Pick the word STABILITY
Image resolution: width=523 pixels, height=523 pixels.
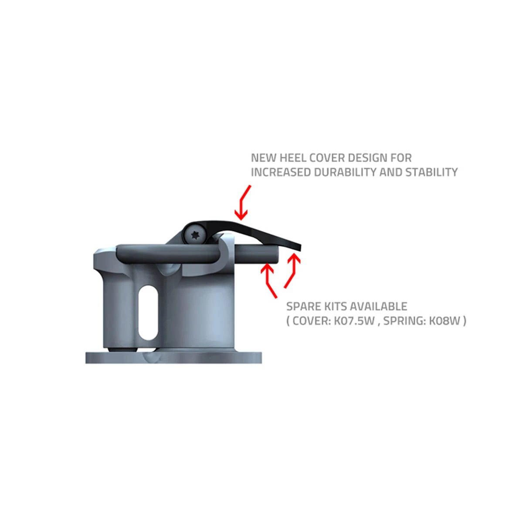tap(431, 172)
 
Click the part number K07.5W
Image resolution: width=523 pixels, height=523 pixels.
tap(354, 321)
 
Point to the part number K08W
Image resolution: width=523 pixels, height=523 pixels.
tap(445, 321)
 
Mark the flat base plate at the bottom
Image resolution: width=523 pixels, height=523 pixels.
tap(174, 358)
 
